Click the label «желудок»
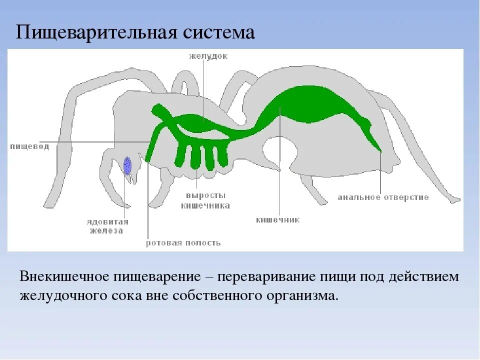[x=208, y=56]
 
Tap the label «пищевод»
[x=29, y=146]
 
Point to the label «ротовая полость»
[x=183, y=243]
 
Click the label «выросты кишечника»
[x=204, y=200]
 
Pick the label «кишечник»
[x=277, y=219]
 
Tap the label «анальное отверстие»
[x=383, y=197]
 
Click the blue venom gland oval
[x=127, y=165]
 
